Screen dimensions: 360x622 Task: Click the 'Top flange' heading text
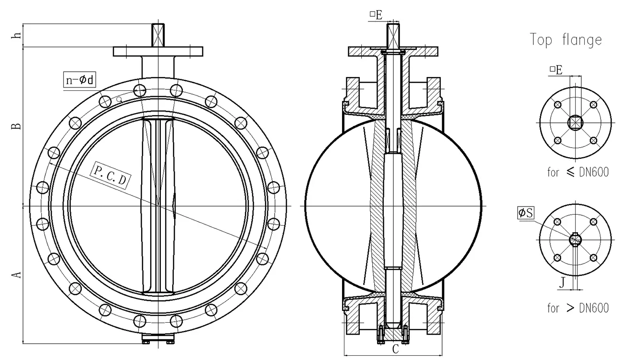coord(566,40)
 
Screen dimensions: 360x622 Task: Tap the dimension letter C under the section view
coord(396,349)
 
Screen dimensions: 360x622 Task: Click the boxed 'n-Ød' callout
coord(79,80)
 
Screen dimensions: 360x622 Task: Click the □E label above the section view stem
coord(376,15)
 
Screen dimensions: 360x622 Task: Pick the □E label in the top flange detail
coord(555,70)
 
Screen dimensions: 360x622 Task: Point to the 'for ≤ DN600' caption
coord(578,172)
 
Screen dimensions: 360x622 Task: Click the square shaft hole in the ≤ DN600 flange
coord(575,123)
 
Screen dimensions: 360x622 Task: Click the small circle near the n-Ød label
coord(119,99)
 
